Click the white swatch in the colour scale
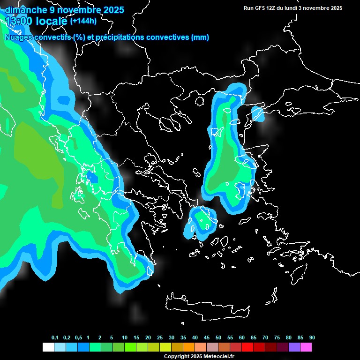48,347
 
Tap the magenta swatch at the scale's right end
306,347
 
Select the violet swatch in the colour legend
294,347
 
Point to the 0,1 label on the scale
55,338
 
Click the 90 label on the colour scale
312,338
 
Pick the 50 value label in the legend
218,338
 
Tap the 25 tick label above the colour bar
160,338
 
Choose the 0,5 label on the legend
78,338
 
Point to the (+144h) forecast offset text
83,21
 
